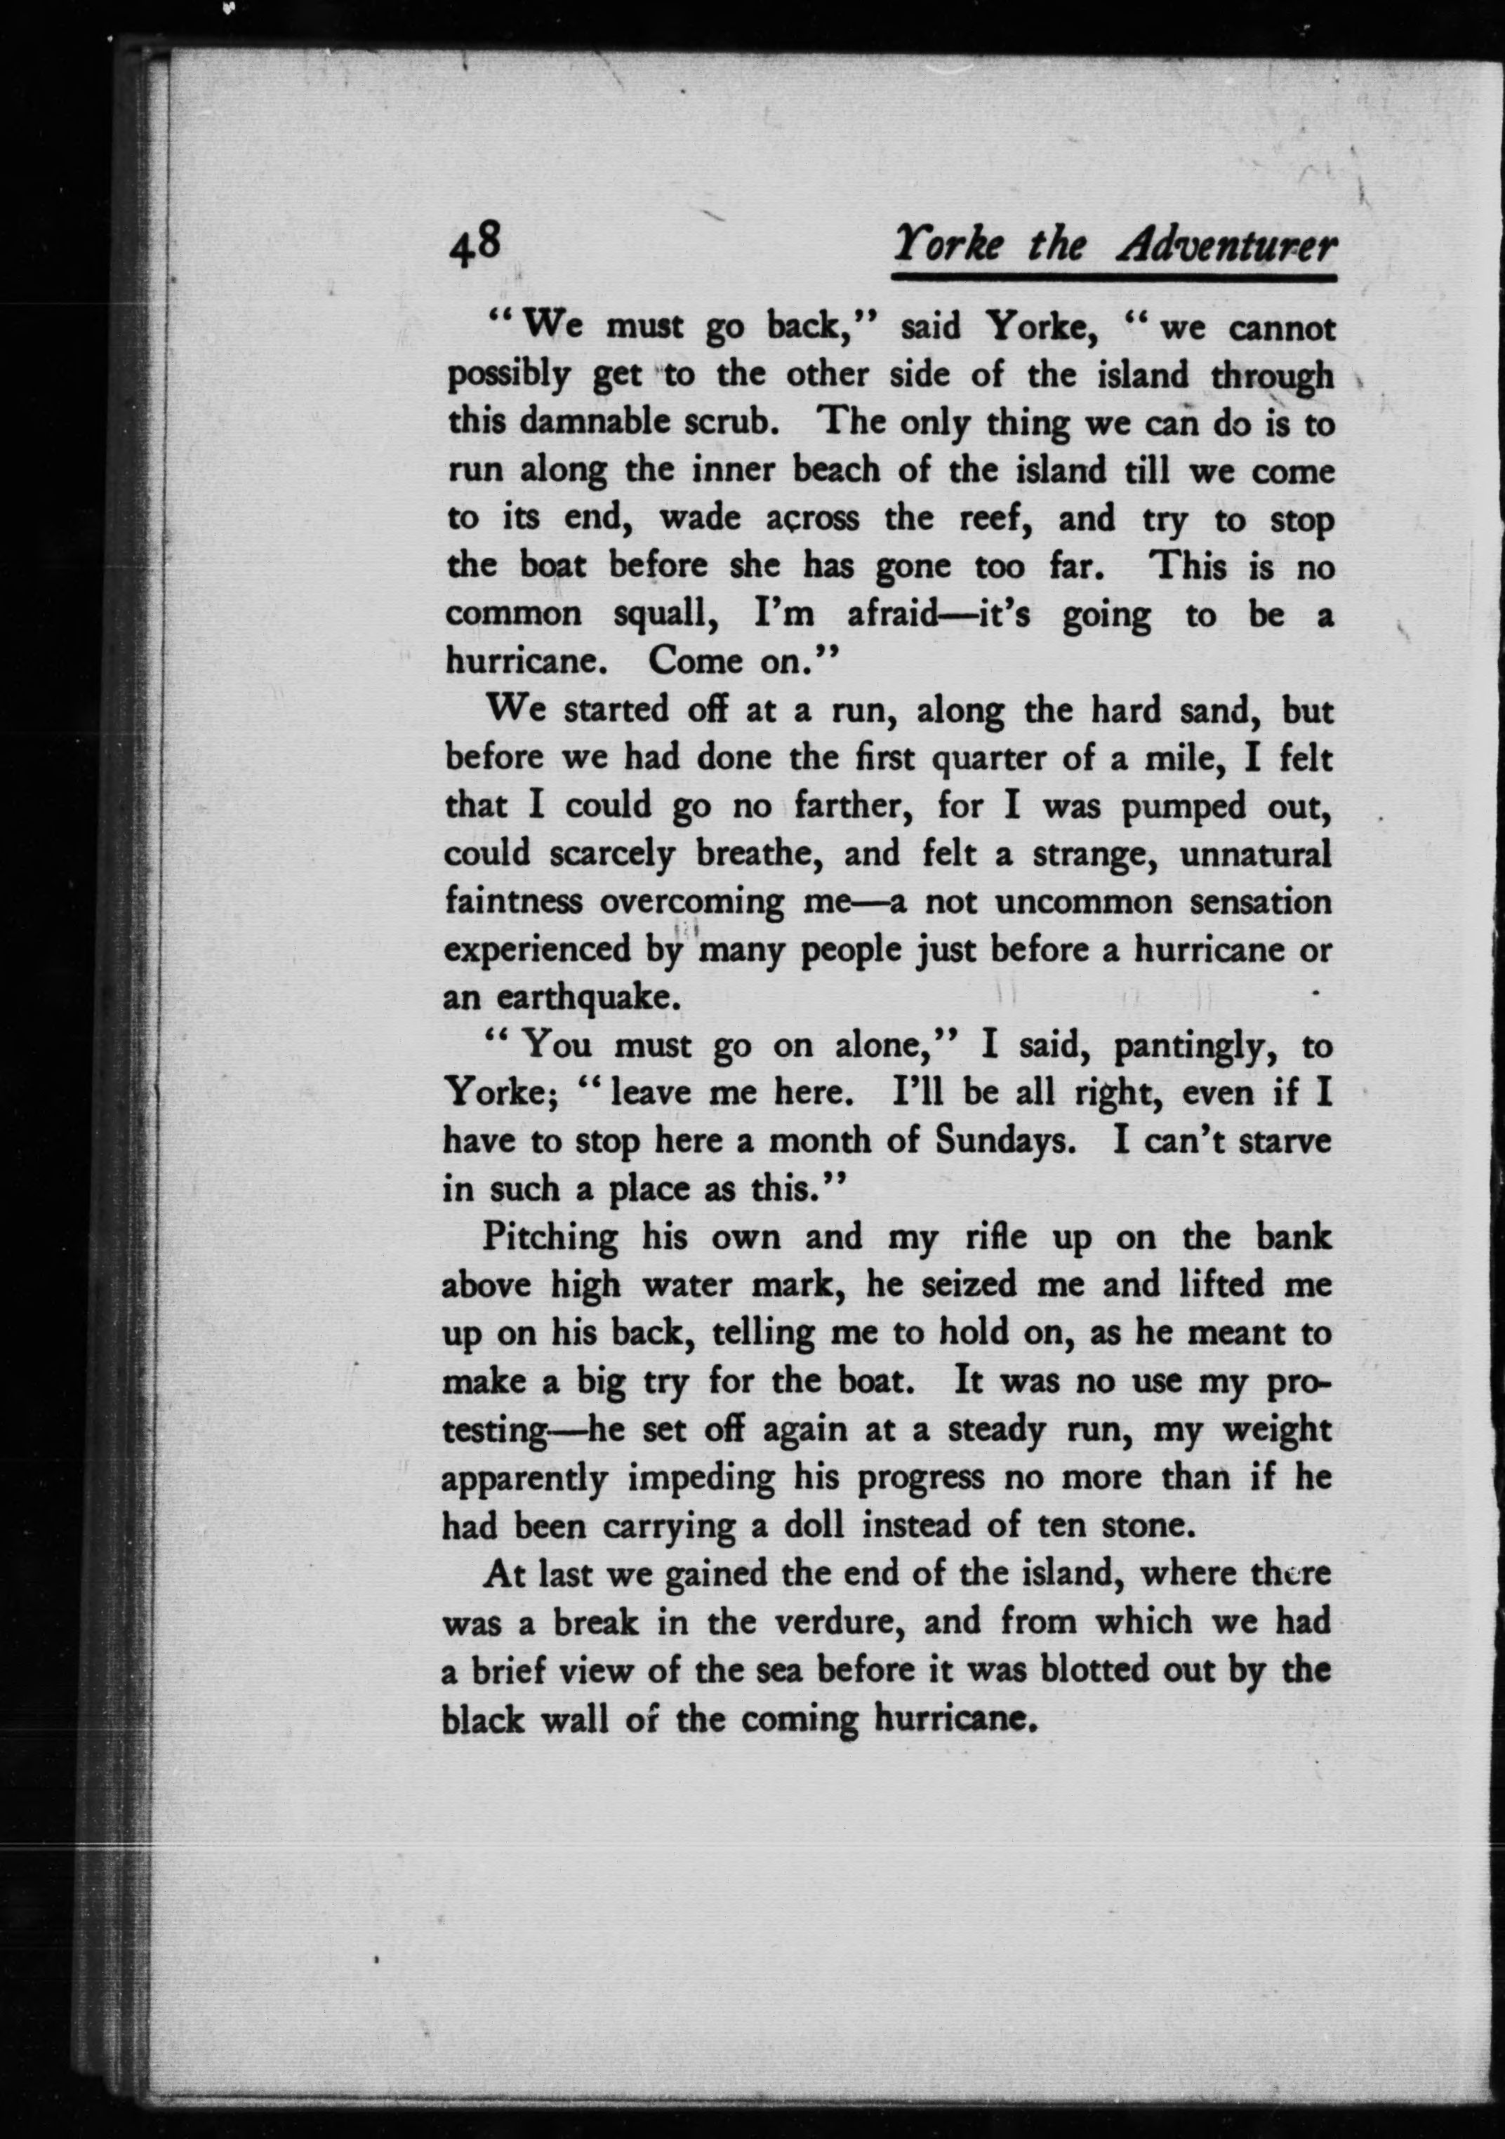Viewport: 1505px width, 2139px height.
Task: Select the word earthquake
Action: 583,998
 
